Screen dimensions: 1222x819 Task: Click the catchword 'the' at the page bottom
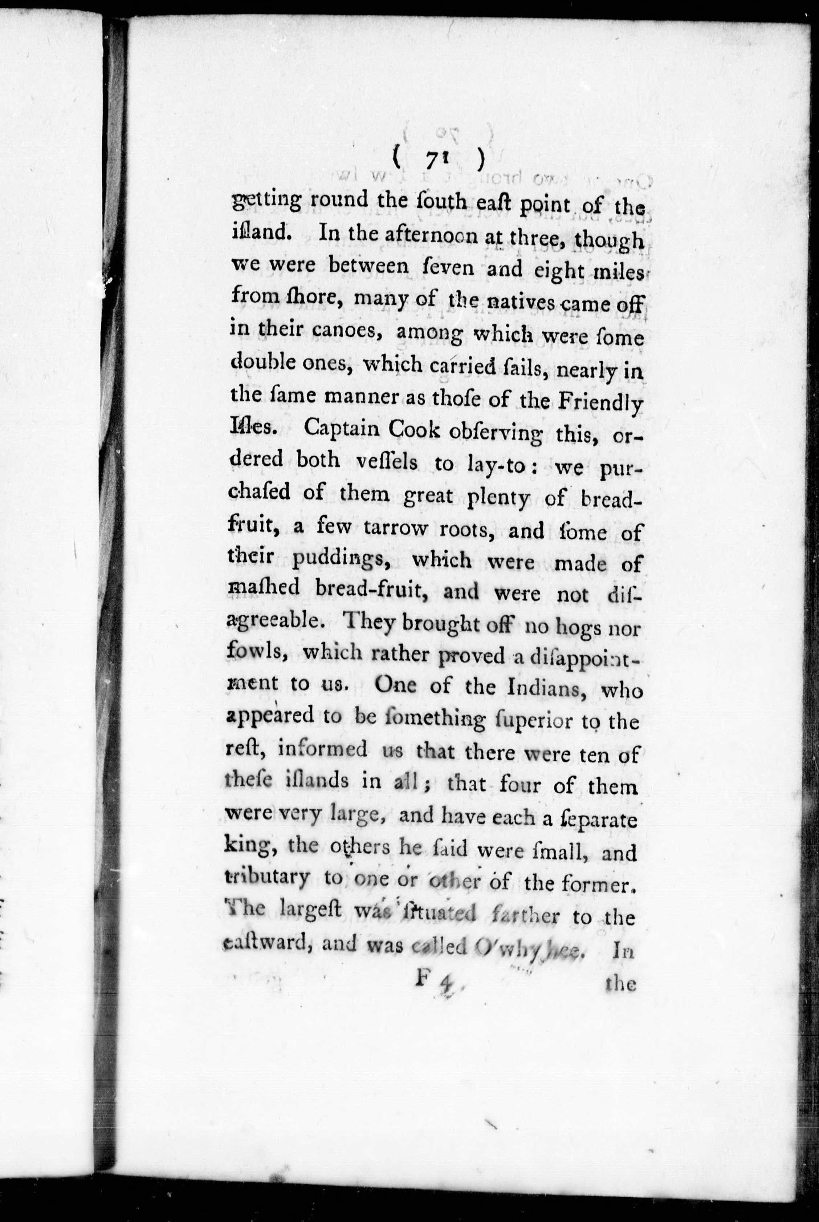[620, 984]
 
